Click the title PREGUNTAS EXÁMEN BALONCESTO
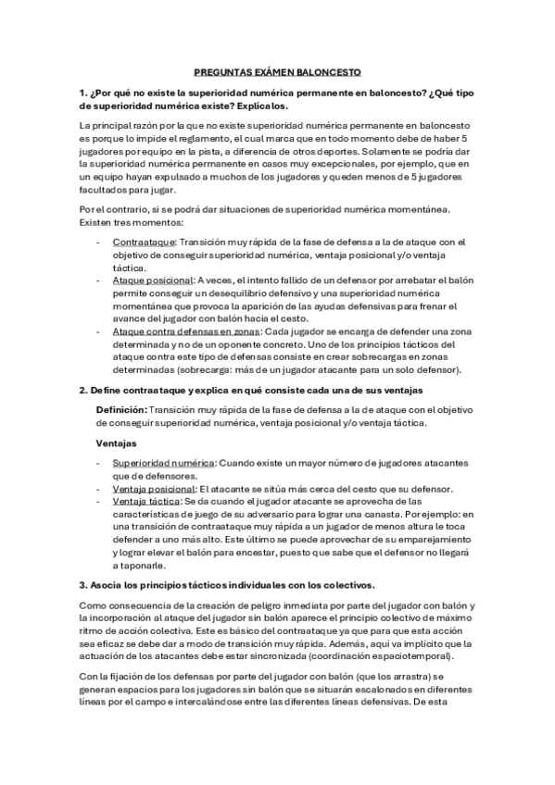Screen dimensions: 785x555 coord(277,71)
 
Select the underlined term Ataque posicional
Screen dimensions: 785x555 coord(152,279)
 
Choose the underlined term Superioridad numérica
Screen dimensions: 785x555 coord(163,463)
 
